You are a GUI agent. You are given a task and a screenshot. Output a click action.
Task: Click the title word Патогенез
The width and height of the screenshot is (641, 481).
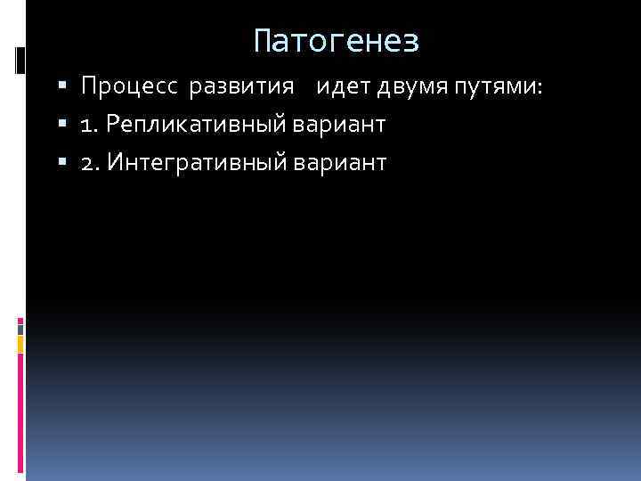pos(336,41)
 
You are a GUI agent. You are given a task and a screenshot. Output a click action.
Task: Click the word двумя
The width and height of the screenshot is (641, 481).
pos(405,86)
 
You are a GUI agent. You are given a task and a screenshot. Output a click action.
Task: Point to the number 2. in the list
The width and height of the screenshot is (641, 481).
pos(89,162)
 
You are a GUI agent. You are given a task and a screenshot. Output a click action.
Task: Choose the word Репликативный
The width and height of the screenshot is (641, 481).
pos(192,125)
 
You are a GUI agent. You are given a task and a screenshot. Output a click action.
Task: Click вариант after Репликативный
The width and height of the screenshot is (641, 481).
pos(338,125)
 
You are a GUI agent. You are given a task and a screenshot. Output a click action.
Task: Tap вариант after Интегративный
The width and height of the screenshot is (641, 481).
pos(339,162)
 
